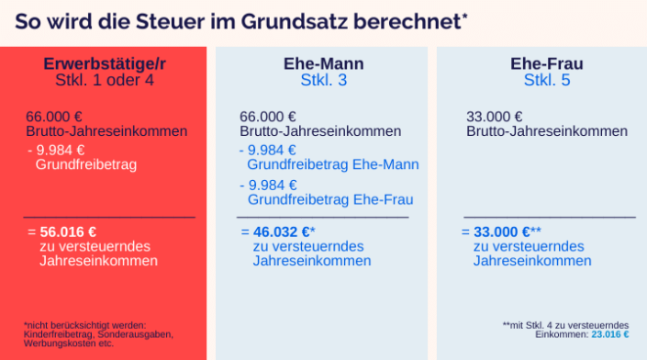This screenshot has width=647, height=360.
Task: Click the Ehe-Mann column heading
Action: coord(323,64)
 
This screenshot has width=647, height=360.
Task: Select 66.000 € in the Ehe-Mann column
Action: coord(268,118)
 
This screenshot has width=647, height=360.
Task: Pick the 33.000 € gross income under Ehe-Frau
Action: coord(495,118)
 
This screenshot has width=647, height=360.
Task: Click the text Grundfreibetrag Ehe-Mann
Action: coord(333,165)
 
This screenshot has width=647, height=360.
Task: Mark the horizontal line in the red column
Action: coord(109,218)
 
